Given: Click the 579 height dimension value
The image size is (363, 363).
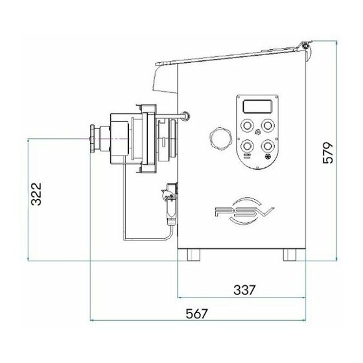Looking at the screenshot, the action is point(327,153).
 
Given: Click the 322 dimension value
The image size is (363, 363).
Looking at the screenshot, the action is point(36,194).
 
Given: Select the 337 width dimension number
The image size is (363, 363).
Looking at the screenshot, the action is point(244,290).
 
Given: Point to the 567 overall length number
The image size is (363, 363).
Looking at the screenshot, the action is point(197,314).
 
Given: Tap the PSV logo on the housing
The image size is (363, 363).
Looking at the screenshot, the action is point(244,211).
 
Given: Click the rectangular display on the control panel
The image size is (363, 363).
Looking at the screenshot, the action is point(257,106).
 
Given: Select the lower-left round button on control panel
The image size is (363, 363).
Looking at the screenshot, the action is point(247,146).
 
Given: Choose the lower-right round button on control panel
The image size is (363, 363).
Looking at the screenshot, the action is point(268,146).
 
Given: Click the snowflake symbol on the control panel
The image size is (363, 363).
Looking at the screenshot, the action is point(268,156).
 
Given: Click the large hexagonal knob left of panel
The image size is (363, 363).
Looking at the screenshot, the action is point(221,138).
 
